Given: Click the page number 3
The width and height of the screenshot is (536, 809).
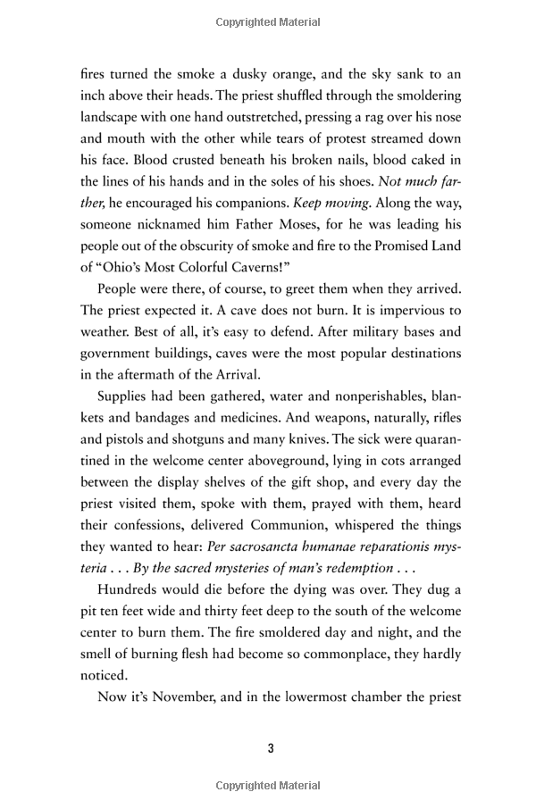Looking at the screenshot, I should (270, 747).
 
